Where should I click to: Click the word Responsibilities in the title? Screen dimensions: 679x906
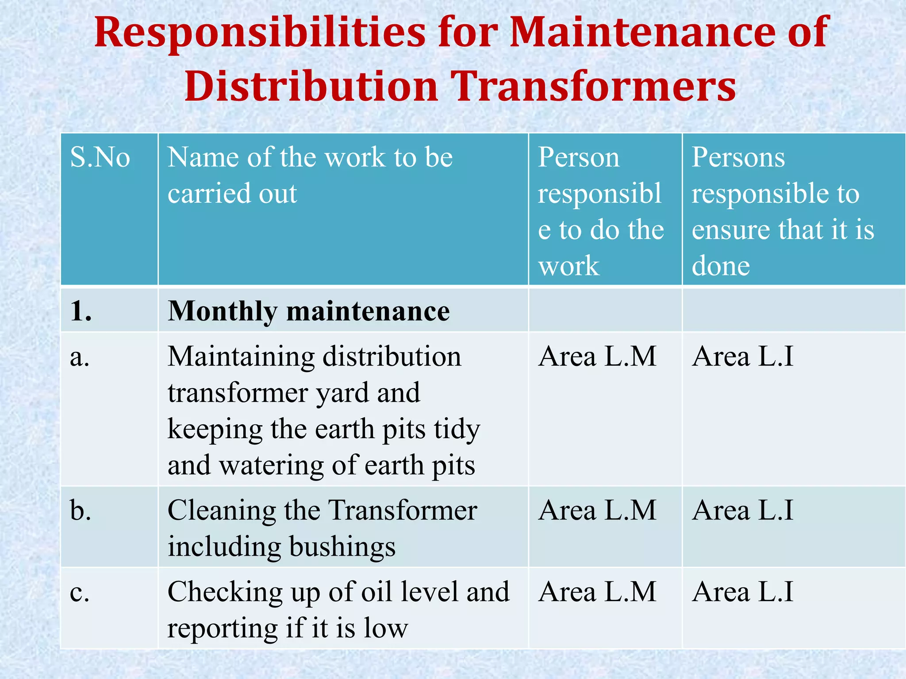[260, 32]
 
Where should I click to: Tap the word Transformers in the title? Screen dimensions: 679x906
[594, 86]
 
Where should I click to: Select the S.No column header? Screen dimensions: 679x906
[100, 157]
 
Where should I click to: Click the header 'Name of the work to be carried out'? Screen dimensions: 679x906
[310, 175]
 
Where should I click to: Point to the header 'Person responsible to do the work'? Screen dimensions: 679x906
[600, 211]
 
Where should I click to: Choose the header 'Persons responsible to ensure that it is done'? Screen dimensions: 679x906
[783, 211]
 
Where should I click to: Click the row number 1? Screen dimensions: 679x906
[81, 311]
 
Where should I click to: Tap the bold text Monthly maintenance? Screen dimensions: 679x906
[309, 311]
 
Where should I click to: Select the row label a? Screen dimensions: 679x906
[80, 357]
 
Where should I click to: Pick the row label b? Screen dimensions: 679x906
[81, 511]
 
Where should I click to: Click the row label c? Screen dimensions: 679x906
[80, 592]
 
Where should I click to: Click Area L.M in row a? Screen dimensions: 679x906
[597, 356]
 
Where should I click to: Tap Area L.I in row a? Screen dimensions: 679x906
[743, 356]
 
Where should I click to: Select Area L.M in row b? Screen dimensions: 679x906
[597, 511]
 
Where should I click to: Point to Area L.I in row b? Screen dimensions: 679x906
[743, 511]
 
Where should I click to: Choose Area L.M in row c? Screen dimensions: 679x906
[597, 592]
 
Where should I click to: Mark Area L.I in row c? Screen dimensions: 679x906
[743, 592]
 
